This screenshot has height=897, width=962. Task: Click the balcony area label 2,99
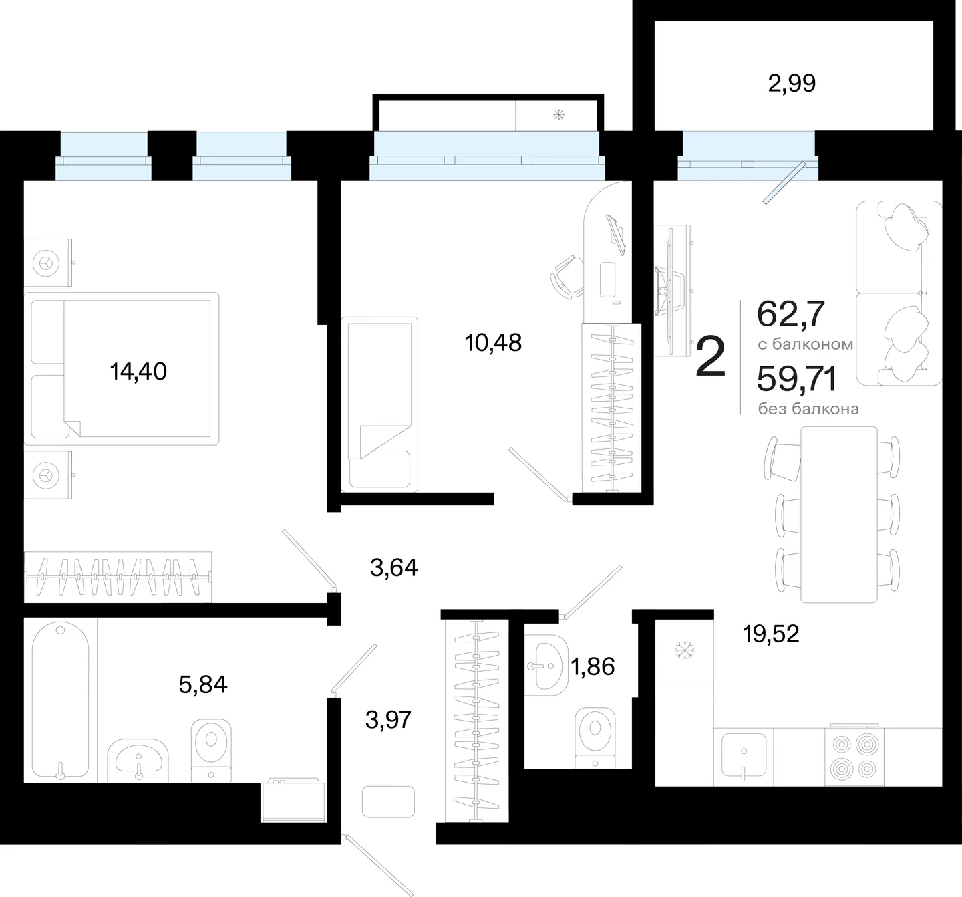pos(792,84)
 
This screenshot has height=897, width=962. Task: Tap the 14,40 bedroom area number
pos(138,372)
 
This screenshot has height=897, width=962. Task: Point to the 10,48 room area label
pos(493,343)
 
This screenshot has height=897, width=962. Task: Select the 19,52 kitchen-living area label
pos(771,633)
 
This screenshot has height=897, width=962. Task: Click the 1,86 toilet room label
pos(593,666)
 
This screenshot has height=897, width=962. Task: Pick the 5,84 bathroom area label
pos(203,684)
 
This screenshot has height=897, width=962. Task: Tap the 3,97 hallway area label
pos(388,720)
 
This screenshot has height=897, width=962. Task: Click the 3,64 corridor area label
pos(393,567)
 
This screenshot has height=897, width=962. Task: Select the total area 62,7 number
pos(790,313)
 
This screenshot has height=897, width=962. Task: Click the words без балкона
pos(808,409)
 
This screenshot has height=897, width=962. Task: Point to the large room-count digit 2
pos(710,357)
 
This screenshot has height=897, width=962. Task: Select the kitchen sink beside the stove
pos(744,756)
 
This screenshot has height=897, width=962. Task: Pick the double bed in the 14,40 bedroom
pos(121,368)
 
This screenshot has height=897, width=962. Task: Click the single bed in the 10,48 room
pos(379,404)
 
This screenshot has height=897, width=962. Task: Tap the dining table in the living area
pos(838,515)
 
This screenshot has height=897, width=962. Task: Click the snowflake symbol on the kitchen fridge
pos(685,650)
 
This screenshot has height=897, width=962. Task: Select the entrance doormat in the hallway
pos(388,802)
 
